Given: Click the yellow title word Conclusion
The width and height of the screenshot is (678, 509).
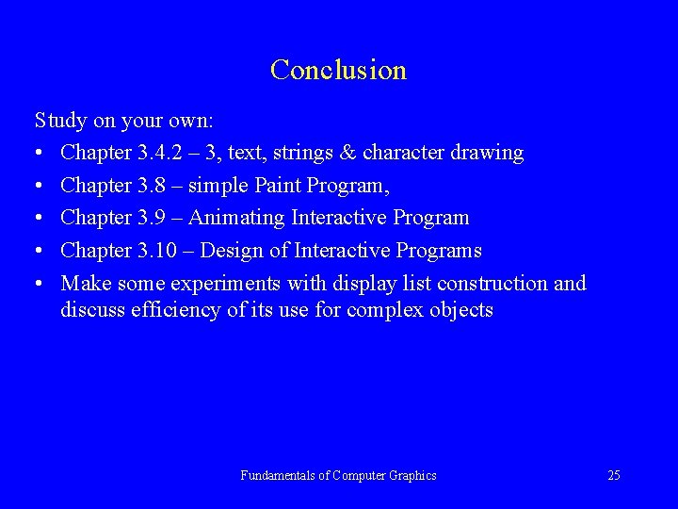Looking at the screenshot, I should [338, 71].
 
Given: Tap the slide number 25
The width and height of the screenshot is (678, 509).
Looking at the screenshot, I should [613, 475].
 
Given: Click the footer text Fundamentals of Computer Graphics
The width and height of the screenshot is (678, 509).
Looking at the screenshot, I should [338, 475].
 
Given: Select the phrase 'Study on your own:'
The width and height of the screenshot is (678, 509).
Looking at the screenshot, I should [124, 121].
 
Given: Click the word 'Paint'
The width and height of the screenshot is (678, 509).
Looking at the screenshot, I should [278, 186].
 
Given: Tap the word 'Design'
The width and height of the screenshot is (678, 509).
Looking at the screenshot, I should [232, 251].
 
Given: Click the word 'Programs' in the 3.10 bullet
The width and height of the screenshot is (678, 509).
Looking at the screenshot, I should [440, 251].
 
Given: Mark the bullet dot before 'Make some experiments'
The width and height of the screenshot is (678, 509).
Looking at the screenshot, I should [40, 284].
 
